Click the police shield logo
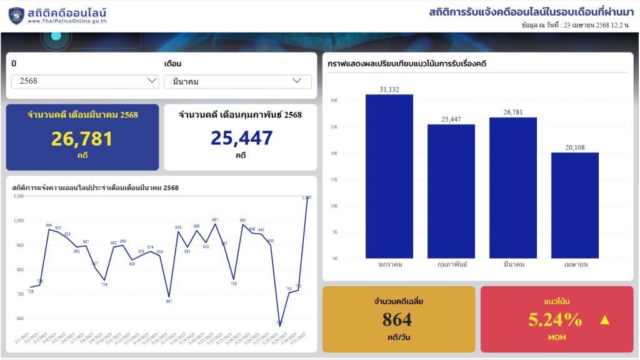click(16, 16)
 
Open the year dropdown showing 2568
click(85, 81)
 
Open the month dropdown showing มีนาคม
click(237, 82)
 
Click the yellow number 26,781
click(82, 139)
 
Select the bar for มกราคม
click(389, 176)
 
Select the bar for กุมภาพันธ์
click(451, 191)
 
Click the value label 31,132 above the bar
click(389, 89)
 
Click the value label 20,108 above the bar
click(575, 147)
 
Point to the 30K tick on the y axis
click(334, 101)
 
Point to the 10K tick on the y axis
click(334, 206)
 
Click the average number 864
click(397, 320)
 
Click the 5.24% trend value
click(555, 320)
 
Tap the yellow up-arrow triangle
click(604, 320)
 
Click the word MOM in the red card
click(556, 337)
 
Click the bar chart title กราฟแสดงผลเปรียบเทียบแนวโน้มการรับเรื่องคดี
click(407, 64)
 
